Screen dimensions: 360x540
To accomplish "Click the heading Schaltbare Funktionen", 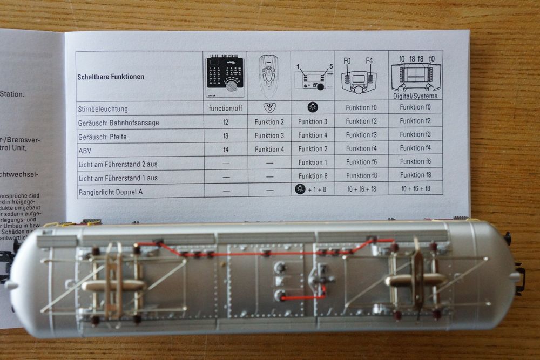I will (111, 77).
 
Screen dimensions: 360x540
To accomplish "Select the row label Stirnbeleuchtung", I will (103, 108).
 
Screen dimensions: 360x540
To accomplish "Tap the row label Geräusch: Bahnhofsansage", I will (118, 123).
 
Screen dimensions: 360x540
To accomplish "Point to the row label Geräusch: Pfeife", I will (102, 137).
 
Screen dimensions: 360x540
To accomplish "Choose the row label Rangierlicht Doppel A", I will (113, 192).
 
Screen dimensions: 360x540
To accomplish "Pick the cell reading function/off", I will (225, 108).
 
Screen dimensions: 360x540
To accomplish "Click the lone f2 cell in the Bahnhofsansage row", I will (225, 123).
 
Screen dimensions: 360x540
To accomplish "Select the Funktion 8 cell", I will (313, 176).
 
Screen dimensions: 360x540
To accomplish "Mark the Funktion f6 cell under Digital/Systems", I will (415, 161).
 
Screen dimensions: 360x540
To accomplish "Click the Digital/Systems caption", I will (415, 96).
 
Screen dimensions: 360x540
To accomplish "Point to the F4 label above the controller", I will (370, 60).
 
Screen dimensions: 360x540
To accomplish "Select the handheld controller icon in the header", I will (269, 76).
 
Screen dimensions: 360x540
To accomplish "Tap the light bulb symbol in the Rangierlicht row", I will (300, 188).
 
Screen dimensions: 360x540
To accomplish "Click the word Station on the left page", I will (12, 94).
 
